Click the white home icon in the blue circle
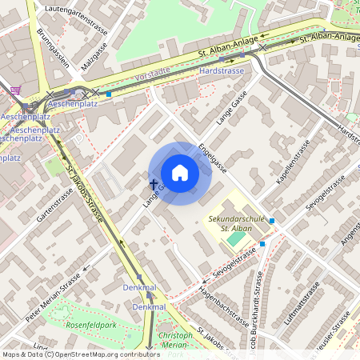180,173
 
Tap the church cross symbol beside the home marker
153,185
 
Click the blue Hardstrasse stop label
221,70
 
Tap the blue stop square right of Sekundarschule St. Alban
272,221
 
